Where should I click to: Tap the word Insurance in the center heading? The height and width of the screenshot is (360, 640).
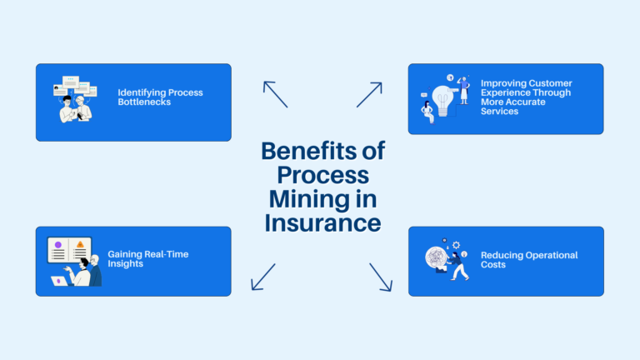(322, 222)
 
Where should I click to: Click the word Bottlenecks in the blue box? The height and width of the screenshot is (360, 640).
(144, 102)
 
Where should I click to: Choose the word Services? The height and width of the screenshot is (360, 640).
(499, 112)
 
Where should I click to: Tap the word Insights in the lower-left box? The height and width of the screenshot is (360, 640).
(125, 263)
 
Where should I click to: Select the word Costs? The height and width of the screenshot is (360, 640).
(493, 264)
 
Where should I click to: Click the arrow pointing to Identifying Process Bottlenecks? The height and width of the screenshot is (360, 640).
(276, 94)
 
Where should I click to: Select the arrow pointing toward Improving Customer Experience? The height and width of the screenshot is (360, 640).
(369, 95)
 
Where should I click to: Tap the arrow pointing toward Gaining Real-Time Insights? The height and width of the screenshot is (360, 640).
(263, 277)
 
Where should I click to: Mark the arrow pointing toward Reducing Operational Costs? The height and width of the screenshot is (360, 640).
(381, 277)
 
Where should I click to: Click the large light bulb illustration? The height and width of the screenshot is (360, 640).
(443, 101)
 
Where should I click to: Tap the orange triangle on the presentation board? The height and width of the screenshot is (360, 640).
(80, 244)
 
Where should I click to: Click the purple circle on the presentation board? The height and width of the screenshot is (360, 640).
(58, 244)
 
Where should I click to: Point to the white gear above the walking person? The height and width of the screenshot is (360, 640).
(457, 245)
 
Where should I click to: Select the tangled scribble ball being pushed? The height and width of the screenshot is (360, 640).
(437, 258)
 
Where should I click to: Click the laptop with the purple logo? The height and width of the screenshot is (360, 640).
(60, 281)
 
